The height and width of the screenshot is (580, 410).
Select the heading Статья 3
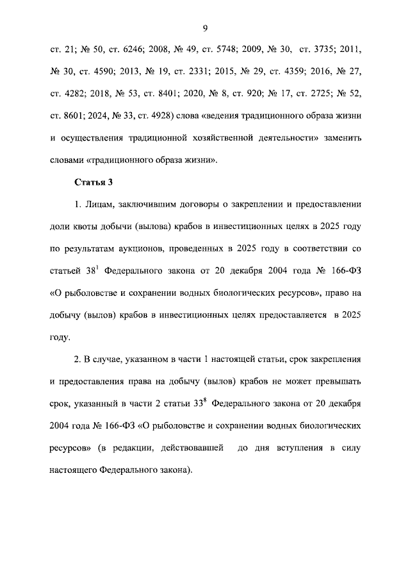(94, 182)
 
